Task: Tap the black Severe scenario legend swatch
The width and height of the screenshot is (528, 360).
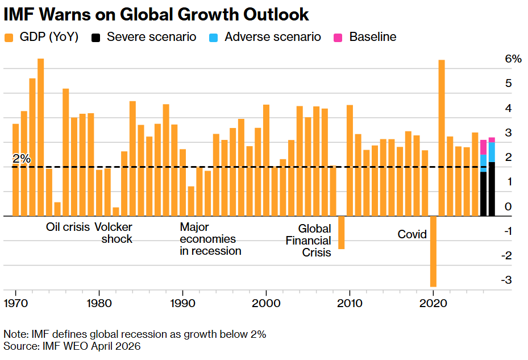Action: pyautogui.click(x=96, y=38)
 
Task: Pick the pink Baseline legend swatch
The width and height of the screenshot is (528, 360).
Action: pyautogui.click(x=338, y=38)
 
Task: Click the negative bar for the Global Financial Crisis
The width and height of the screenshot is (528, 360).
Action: pyautogui.click(x=342, y=233)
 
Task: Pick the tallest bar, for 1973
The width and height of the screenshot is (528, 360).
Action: pyautogui.click(x=41, y=136)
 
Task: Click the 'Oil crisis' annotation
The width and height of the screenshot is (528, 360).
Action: pyautogui.click(x=68, y=227)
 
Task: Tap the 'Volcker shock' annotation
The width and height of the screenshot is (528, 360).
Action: pyautogui.click(x=113, y=233)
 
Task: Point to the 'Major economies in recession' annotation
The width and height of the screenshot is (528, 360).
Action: pyautogui.click(x=210, y=239)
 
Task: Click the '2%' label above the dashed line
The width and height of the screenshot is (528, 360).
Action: pyautogui.click(x=21, y=159)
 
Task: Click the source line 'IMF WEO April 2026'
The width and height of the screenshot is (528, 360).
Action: pyautogui.click(x=72, y=346)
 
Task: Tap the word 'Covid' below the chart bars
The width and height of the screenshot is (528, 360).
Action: pyautogui.click(x=412, y=234)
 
